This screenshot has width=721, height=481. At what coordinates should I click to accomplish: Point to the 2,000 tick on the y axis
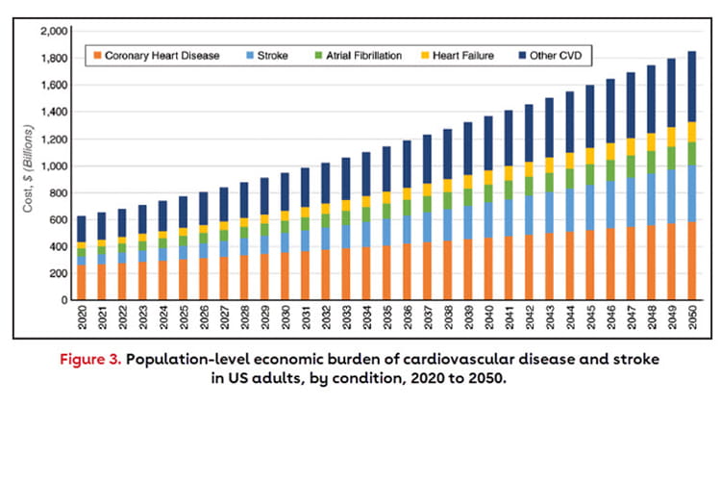55,32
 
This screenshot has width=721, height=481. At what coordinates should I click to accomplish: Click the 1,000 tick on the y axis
55,166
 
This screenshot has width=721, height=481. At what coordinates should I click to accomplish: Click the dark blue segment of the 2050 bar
692,87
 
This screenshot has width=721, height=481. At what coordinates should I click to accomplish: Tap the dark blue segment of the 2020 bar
81,229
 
